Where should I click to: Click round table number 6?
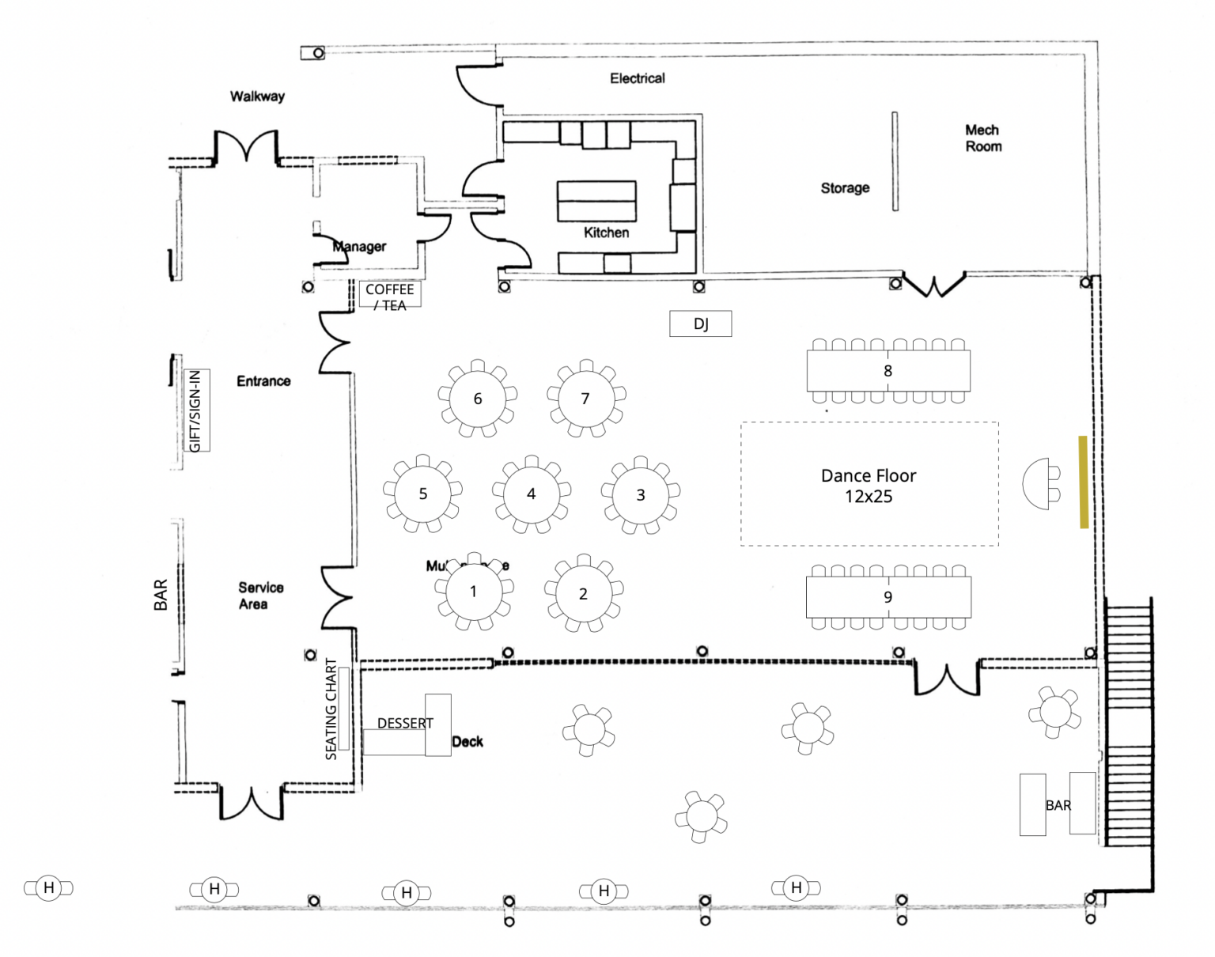pos(477,399)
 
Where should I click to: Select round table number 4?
pos(531,494)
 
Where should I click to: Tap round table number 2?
pos(583,594)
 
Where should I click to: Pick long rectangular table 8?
pos(888,371)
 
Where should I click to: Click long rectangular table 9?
pos(888,597)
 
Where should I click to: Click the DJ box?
pos(700,323)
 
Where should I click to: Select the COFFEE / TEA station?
pos(390,297)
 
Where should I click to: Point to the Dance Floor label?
pos(869,486)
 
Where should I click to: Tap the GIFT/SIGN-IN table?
pos(196,410)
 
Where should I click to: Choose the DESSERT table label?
pos(405,724)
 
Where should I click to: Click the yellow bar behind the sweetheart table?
pos(1083,482)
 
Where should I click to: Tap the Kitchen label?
pos(606,233)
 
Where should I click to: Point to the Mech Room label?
pos(982,138)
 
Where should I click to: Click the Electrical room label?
pos(637,78)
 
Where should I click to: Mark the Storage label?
pos(844,188)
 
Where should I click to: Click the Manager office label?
pos(360,247)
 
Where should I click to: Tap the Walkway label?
pos(257,96)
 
